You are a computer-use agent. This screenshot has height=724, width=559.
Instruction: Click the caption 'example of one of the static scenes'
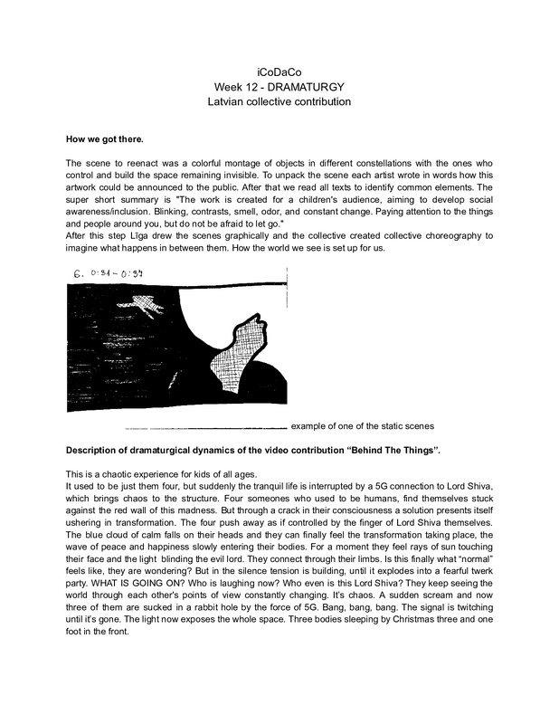[x=363, y=426]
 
